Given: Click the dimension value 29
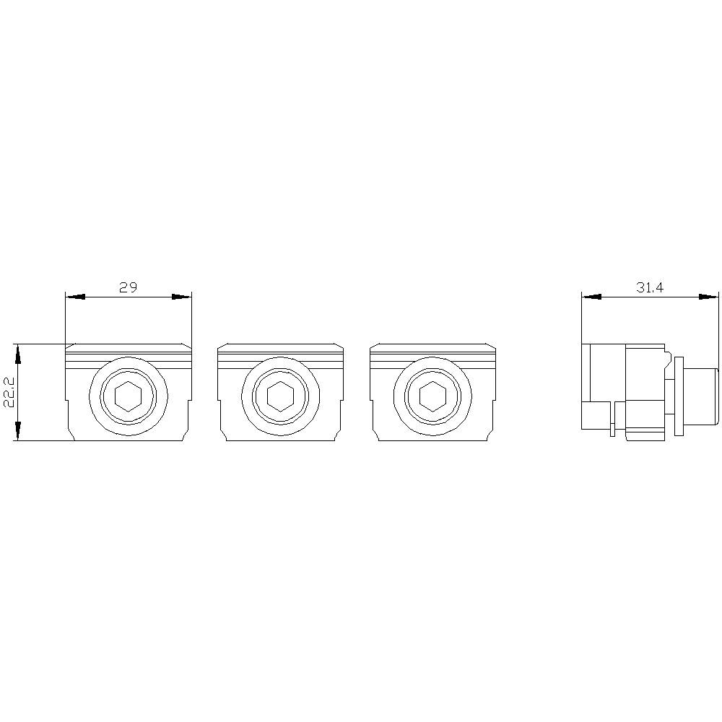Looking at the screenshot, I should pos(128,287).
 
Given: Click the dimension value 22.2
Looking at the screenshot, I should pos(9,393).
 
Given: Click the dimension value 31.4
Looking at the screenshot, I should pos(649,287).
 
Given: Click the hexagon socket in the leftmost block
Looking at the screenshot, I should pos(129,396).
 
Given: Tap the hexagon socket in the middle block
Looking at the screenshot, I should pos(280,396).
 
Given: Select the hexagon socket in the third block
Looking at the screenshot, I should pos(432,396).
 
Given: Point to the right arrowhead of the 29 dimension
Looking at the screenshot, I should pos(182,296).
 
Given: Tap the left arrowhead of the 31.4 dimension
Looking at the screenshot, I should pos(591,296).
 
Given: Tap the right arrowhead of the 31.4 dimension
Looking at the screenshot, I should pos(709,296).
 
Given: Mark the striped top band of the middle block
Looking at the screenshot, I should pos(280,355).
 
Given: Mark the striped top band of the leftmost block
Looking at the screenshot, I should pos(129,355).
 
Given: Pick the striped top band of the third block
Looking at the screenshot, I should pos(432,355).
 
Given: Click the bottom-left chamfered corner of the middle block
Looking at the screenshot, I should pos(224,436).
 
